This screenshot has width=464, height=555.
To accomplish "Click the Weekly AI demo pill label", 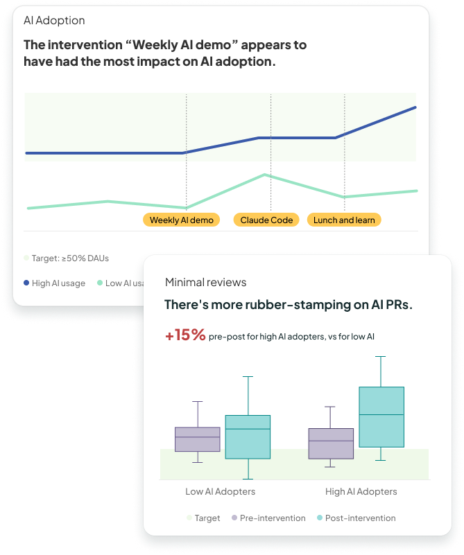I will (181, 220).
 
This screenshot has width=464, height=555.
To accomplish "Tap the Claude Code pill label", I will (266, 220).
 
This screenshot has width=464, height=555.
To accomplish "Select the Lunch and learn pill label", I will (344, 220).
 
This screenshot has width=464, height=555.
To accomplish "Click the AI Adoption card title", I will (54, 21).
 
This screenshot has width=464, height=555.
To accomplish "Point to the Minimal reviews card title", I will (205, 282).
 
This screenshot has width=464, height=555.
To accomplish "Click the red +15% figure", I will (185, 335).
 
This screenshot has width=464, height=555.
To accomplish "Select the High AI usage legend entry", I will (55, 283).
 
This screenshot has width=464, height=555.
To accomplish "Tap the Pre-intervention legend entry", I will (268, 518).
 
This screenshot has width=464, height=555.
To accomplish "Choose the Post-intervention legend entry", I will (356, 518).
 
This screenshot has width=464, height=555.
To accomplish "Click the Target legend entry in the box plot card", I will (203, 518).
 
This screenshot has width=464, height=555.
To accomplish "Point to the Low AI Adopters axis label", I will (220, 491).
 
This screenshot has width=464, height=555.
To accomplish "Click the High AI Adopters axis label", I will (361, 491).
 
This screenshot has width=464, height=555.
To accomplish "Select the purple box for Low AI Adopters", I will (198, 439).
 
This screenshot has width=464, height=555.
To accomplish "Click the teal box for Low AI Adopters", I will (248, 437).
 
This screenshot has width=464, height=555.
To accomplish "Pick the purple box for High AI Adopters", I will (331, 443).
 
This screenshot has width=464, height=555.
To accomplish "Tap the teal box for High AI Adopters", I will (381, 416).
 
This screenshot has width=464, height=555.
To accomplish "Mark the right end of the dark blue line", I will (415, 107).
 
